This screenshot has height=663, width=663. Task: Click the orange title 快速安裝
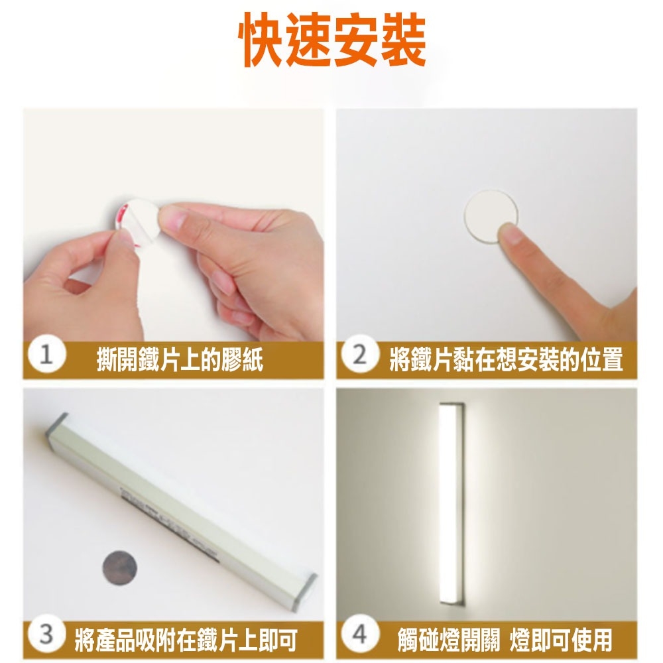pos(332,40)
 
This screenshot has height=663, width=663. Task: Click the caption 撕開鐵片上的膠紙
pos(180,360)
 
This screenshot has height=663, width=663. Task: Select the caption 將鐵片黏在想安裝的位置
pos(506,360)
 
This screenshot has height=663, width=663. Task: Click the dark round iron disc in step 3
pos(119,568)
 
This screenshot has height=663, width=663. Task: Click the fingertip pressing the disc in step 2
pos(510,234)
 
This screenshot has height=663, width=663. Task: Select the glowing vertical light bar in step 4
pos(451,503)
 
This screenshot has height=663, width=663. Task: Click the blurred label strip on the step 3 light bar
pos(169,524)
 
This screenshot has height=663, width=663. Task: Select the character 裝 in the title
pos(403,40)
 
